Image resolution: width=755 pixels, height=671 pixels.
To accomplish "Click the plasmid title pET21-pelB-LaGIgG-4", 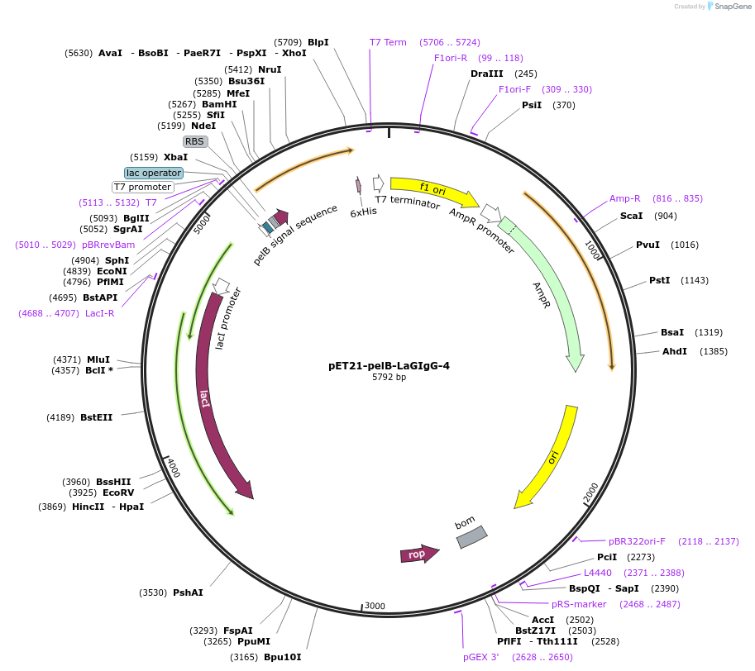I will [x=389, y=365].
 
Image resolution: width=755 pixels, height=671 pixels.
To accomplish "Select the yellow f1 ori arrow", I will [x=433, y=191].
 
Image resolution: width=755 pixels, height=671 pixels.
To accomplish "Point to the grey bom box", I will [x=472, y=537].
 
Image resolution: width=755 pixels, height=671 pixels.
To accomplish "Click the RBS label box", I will [x=194, y=141].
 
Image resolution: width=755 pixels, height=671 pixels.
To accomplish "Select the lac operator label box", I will [x=153, y=173].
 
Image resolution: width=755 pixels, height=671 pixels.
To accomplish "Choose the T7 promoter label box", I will [x=142, y=187].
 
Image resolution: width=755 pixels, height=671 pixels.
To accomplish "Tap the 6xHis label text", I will [x=364, y=212].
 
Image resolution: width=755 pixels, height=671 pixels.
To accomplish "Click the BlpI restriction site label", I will [x=318, y=42].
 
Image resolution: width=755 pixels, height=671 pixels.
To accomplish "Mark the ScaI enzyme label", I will [x=632, y=216].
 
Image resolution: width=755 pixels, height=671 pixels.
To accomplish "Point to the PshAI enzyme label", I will [x=188, y=592].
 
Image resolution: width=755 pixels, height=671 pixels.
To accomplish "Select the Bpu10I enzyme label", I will [x=283, y=657].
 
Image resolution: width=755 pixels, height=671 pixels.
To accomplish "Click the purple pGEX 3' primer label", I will [x=481, y=657].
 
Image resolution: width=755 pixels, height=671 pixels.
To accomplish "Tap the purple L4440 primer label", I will [x=599, y=573].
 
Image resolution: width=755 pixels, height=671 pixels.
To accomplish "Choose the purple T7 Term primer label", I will [x=388, y=42].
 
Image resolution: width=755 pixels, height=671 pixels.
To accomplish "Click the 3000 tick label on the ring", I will [x=375, y=606].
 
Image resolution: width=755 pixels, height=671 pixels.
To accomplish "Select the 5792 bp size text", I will [x=389, y=378].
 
